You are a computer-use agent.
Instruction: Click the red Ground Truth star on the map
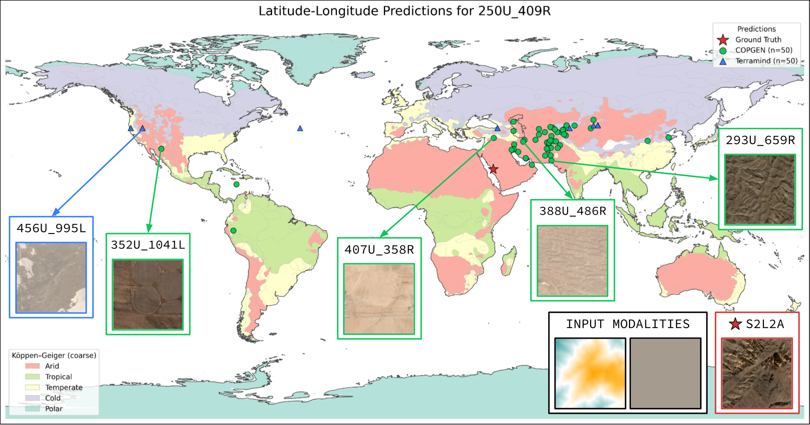pos(493,169)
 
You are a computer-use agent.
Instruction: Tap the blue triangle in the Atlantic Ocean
pos(300,128)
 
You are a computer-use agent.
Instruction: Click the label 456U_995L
pos(51,228)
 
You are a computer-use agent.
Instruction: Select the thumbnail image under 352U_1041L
pos(148,294)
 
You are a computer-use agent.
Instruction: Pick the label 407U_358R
pos(379,250)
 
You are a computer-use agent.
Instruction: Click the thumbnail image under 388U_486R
pos(572,261)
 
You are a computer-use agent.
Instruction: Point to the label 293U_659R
pos(760,140)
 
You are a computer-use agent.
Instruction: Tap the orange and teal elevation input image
pos(590,373)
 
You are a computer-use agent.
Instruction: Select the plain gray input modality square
pos(665,373)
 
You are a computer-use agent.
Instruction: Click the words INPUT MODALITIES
pos(628,324)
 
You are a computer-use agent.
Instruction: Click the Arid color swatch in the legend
pos(32,366)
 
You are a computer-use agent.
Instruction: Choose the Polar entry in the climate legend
pos(54,409)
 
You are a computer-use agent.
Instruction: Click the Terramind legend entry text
pos(766,61)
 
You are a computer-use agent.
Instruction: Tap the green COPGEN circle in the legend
pos(723,50)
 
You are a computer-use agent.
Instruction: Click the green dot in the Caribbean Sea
pos(236,184)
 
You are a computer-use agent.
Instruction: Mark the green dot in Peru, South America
pos(233,230)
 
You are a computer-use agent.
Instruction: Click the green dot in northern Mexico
pos(161,148)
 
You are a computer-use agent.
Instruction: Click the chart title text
pos(404,11)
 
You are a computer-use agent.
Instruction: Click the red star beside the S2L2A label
pos(735,324)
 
